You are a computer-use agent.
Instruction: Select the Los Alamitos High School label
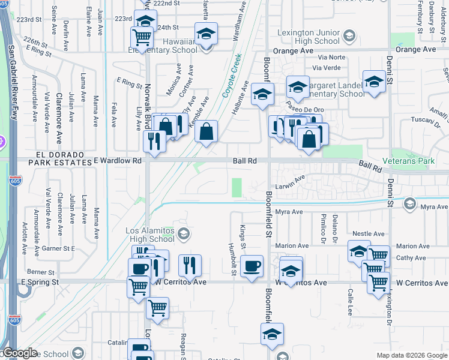(x=149, y=235)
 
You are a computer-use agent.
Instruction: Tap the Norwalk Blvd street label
(x=146, y=99)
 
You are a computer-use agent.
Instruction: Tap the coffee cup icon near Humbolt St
(x=252, y=266)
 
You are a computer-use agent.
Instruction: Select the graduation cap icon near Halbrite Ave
(x=262, y=95)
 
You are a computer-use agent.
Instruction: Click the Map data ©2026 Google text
(x=412, y=355)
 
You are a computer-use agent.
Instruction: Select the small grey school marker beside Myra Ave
(x=410, y=203)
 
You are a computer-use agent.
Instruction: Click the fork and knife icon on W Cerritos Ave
(x=190, y=266)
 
